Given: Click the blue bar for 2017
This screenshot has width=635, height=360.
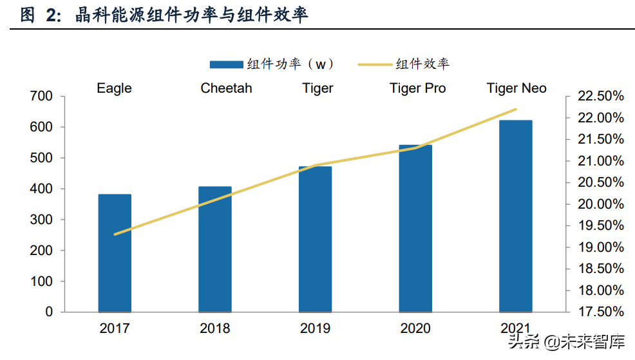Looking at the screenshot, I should pyautogui.click(x=115, y=253).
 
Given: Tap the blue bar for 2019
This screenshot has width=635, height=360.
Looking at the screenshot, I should pyautogui.click(x=315, y=239).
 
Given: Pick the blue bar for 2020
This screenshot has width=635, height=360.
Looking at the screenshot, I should pyautogui.click(x=415, y=229).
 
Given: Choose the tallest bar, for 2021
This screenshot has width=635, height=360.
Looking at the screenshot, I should pyautogui.click(x=516, y=216).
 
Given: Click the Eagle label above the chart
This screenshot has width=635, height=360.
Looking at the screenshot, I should pyautogui.click(x=114, y=88).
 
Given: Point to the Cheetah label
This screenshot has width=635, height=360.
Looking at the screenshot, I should pyautogui.click(x=226, y=88).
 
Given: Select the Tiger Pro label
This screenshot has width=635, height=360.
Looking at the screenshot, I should pyautogui.click(x=417, y=88).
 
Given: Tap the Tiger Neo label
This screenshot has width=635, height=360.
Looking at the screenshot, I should pyautogui.click(x=517, y=88).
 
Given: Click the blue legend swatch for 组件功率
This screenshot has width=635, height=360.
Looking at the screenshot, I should pyautogui.click(x=227, y=64).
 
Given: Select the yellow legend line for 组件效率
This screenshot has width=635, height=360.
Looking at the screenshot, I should pyautogui.click(x=374, y=64).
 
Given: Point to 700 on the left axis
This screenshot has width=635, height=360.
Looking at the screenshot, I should pyautogui.click(x=41, y=97).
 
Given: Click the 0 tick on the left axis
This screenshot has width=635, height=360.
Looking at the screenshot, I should pyautogui.click(x=49, y=312).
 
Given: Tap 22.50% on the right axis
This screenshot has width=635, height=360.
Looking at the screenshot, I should pyautogui.click(x=600, y=97).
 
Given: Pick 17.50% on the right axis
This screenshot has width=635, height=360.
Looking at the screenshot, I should pyautogui.click(x=600, y=312).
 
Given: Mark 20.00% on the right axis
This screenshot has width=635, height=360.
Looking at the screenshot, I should pyautogui.click(x=600, y=204).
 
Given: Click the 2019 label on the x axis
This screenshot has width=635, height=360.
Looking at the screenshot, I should pyautogui.click(x=315, y=328).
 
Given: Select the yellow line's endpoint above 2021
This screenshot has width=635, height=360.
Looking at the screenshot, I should pyautogui.click(x=516, y=109).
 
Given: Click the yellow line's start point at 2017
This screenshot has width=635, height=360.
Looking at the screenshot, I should pyautogui.click(x=115, y=234).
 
